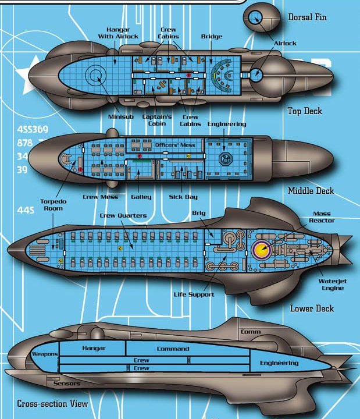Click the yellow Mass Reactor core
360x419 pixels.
[x=262, y=250]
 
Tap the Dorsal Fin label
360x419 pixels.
[x=307, y=17]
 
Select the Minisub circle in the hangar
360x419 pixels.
[x=95, y=75]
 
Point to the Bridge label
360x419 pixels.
[x=212, y=36]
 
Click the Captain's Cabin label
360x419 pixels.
[x=157, y=120]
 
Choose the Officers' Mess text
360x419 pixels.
[x=175, y=145]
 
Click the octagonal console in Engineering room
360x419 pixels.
[x=226, y=159]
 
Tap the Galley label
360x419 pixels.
[x=141, y=197]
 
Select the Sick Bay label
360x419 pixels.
[x=183, y=197]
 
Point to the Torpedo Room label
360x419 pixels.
[x=53, y=205]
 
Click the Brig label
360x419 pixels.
[x=199, y=213]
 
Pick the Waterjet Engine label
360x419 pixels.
[x=333, y=285]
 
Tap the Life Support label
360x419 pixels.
[x=194, y=294]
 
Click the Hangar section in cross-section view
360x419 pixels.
[x=92, y=348]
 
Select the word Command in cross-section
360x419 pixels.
[x=173, y=349]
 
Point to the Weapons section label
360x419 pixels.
[x=45, y=354]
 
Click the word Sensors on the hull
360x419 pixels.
[x=67, y=384]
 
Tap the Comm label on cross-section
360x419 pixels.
[x=251, y=332]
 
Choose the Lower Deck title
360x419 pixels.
[x=312, y=308]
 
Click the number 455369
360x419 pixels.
[x=33, y=129]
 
